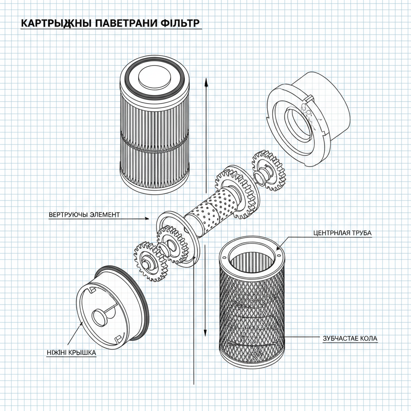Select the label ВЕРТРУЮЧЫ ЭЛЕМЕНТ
pos(84,215)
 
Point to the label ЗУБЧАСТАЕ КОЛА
pos(350,339)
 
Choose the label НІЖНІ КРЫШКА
pos(71,353)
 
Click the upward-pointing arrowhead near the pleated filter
pos(206,82)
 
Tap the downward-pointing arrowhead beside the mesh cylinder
pos(205,333)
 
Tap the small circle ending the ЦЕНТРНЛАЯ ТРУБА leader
pos(278,254)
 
